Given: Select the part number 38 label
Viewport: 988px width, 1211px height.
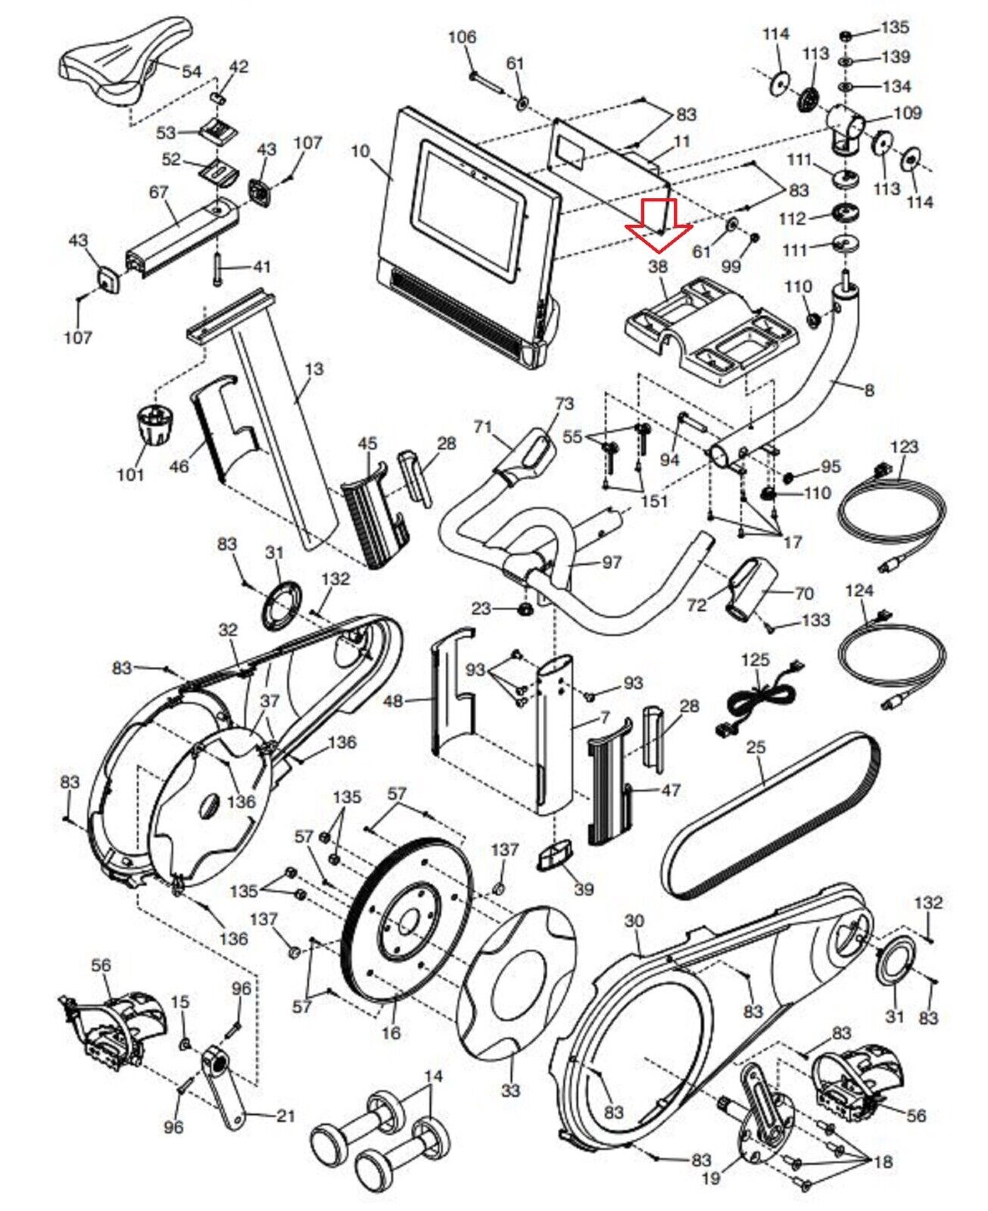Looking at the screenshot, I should coord(658,266).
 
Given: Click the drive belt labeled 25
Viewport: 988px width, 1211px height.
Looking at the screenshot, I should coord(768,817).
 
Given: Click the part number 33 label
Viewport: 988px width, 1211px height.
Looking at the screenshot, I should coord(511,1090).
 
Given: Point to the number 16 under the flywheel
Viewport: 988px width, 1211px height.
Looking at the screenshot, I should coord(391,1032).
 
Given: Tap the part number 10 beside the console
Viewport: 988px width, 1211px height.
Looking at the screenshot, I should coord(360,151).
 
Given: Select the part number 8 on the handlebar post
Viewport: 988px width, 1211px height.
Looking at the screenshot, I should coord(869,390).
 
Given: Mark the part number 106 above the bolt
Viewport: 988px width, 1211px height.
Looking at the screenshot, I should coord(463,36).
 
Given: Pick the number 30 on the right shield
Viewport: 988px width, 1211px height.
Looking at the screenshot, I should coord(634,920).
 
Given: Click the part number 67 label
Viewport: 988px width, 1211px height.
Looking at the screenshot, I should coord(158,192).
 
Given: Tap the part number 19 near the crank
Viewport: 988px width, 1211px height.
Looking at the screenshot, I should coord(711,1178).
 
